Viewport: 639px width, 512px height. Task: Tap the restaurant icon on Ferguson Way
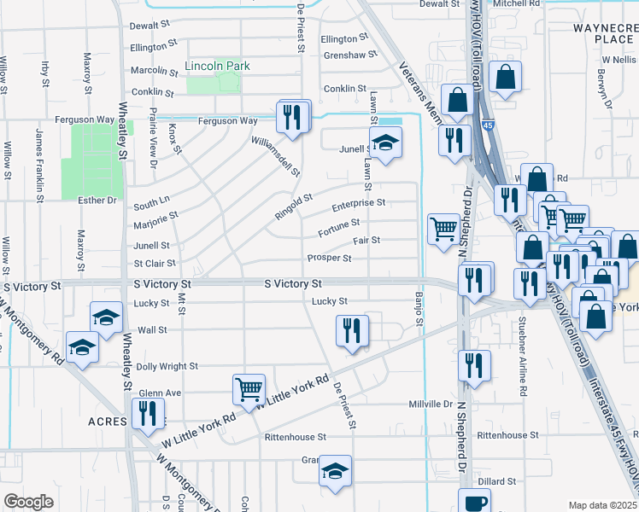click(x=293, y=116)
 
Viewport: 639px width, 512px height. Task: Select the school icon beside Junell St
click(x=385, y=143)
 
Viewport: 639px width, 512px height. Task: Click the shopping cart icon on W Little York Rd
click(x=249, y=389)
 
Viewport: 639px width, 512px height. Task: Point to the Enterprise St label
click(x=358, y=203)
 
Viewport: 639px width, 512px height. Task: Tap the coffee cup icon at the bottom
click(x=474, y=502)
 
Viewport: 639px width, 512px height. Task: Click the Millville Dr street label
click(x=430, y=404)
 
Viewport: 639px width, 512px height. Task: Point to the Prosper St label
click(x=329, y=258)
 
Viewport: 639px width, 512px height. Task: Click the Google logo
click(x=27, y=502)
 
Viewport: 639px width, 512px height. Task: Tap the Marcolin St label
click(x=152, y=71)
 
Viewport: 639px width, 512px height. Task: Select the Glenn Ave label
click(x=161, y=393)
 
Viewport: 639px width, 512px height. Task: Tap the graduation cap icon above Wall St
click(x=105, y=319)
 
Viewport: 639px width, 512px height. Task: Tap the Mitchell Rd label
click(x=517, y=4)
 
